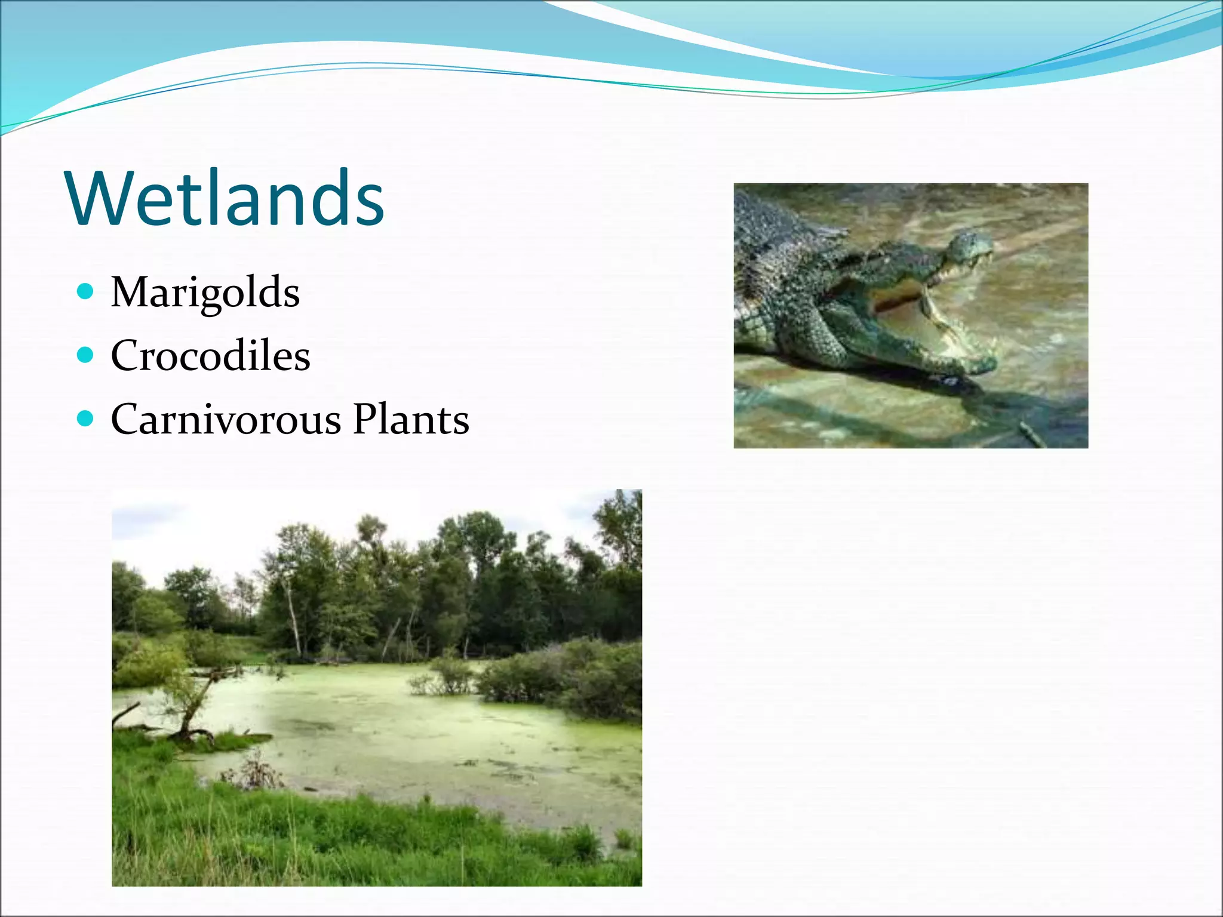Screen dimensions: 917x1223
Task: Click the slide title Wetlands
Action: click(226, 199)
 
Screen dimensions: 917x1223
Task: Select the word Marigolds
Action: click(205, 293)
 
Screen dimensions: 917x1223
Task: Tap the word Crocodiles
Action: click(210, 356)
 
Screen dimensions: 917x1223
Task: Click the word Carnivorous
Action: click(226, 419)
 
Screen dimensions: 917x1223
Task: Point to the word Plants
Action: click(411, 419)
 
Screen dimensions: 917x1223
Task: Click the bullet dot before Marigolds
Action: click(86, 292)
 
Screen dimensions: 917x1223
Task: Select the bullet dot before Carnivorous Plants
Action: click(86, 419)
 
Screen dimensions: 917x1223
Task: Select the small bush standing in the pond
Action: click(445, 675)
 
